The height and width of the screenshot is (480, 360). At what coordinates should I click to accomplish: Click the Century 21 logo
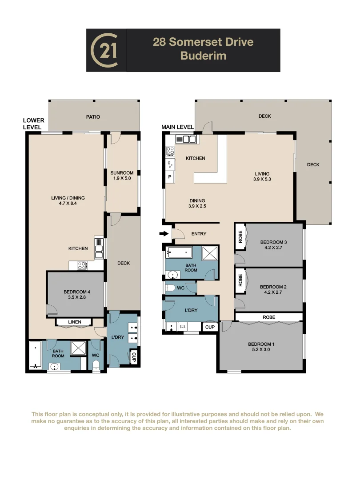pos(106,50)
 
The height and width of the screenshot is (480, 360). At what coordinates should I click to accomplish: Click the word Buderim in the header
pos(203,56)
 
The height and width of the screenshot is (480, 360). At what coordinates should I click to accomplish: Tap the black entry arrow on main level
pos(164,233)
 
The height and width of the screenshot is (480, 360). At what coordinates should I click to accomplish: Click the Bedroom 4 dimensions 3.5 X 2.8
pos(76,298)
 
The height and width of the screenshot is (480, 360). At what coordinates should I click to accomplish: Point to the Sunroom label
pos(122,173)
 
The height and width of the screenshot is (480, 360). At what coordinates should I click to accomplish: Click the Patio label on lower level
pos(93,117)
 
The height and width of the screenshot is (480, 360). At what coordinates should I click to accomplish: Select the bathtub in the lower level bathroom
pos(36,354)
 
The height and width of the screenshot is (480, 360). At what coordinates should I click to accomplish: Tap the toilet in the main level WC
pos(170,288)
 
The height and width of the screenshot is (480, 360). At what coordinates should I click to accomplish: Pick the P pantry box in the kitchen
pos(170,177)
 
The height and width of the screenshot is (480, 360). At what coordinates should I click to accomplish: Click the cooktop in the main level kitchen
pos(170,151)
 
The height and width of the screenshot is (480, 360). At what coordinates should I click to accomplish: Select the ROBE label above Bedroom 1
pos(268,317)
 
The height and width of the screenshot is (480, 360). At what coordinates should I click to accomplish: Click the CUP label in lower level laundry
pos(133,356)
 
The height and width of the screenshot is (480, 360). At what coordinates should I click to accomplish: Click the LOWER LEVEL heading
pos(34,124)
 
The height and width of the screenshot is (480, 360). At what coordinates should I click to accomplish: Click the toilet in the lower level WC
pos(96,365)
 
